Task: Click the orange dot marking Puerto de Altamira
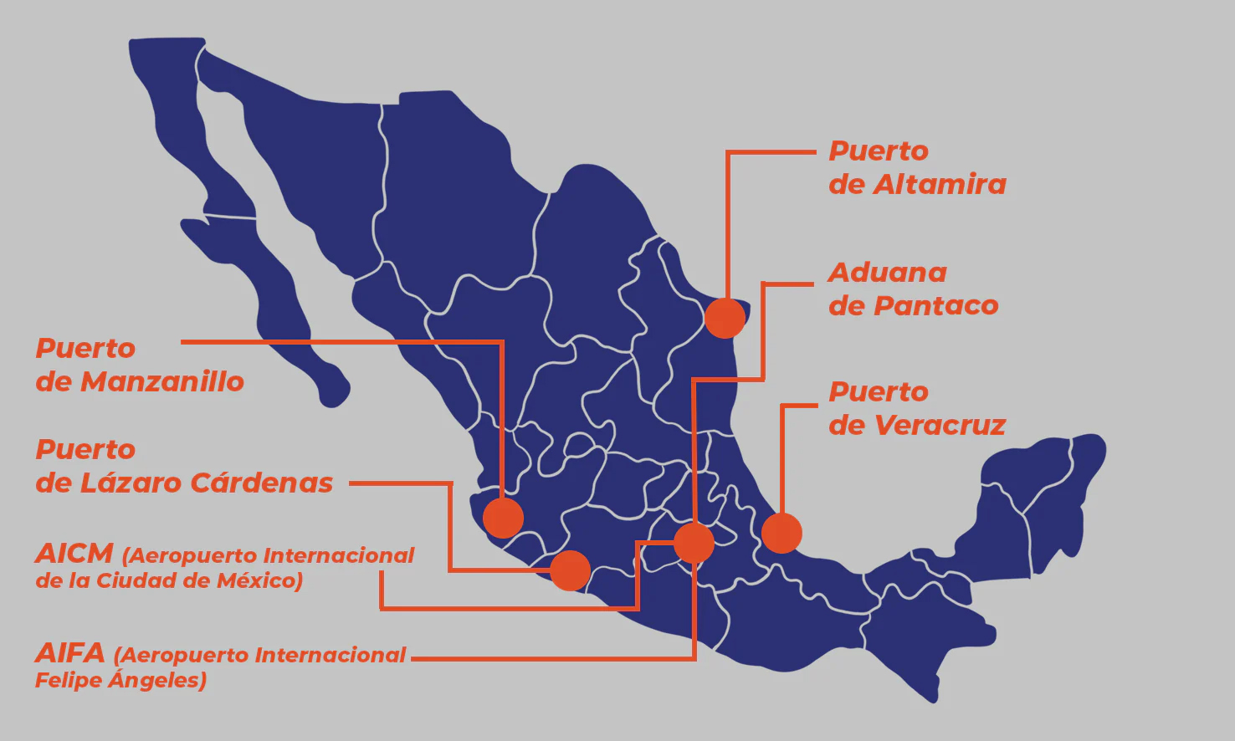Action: (725, 318)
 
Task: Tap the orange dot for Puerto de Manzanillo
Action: (503, 518)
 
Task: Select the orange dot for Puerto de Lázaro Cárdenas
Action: (571, 570)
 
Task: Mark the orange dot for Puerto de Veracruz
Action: (781, 533)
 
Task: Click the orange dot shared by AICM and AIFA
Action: (694, 543)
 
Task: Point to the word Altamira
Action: (940, 185)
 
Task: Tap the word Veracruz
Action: (940, 426)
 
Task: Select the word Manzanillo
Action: (162, 382)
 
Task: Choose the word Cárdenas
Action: (261, 483)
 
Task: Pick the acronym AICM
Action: (74, 554)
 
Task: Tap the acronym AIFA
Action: (70, 653)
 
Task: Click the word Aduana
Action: (888, 273)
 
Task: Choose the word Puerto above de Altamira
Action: (879, 151)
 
